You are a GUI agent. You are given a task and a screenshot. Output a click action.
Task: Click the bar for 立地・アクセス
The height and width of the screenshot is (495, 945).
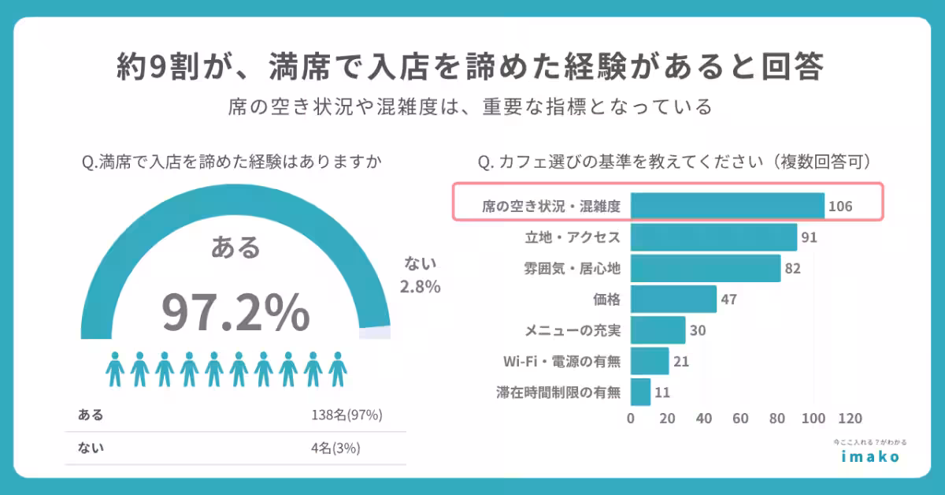coord(713,237)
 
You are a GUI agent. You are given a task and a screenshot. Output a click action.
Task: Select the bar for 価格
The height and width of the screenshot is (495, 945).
coord(673,299)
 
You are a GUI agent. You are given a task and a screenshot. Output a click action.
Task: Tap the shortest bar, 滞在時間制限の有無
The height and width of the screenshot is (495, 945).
coord(640,391)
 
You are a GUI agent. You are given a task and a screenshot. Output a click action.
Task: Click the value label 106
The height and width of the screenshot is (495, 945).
coord(840,207)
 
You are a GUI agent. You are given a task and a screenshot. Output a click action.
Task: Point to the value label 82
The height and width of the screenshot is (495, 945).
coord(792,269)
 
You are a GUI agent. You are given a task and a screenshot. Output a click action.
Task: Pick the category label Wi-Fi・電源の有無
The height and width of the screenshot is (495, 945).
coord(561,361)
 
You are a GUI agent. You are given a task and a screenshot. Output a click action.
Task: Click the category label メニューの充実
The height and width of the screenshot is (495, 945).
coord(573,330)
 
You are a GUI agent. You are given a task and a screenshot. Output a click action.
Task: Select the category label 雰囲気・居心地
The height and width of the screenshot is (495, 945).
coord(573,269)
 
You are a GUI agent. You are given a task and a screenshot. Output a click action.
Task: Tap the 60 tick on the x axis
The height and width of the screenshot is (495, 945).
coord(740,419)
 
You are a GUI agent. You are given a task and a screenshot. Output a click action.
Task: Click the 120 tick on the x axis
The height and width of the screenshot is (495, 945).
coord(850,419)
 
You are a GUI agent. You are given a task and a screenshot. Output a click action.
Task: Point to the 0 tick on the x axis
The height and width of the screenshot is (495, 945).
coord(631,419)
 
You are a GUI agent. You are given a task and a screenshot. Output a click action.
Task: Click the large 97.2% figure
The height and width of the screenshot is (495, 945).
coord(235,312)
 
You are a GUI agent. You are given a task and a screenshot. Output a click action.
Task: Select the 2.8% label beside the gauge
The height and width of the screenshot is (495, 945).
coord(420,287)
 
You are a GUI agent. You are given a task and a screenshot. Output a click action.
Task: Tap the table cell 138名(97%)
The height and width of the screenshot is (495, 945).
coord(346,415)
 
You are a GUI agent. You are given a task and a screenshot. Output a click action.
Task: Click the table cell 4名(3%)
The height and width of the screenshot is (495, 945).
coord(346,448)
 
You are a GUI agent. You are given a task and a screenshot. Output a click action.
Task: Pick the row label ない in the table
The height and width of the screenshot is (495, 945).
coord(91,448)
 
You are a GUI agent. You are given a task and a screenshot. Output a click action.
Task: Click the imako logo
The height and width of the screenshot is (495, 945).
coord(869,456)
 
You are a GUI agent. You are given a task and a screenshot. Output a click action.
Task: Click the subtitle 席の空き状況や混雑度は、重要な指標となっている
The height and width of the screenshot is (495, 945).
coord(471,106)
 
